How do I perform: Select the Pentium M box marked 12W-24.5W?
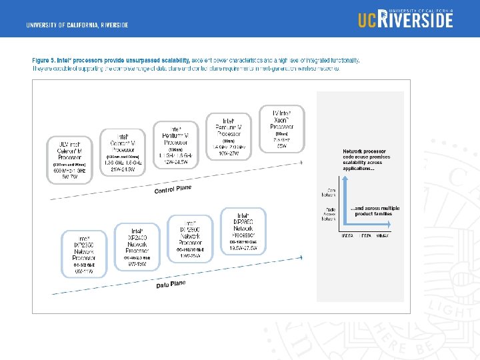[x=175, y=144]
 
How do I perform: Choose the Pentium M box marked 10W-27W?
[x=228, y=136]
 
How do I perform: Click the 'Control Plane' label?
[x=173, y=189]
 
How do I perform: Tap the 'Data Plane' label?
[x=172, y=285]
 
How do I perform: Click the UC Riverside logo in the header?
[x=405, y=19]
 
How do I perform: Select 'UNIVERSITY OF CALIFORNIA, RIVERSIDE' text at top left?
[x=77, y=25]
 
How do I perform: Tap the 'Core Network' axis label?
[x=328, y=192]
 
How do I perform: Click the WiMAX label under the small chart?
[x=383, y=235]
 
